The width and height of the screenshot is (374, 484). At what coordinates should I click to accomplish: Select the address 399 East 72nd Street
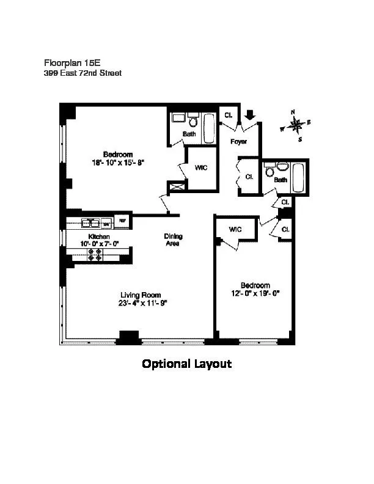tap(82, 73)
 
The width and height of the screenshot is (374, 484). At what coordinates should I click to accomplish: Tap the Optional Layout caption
tap(186, 364)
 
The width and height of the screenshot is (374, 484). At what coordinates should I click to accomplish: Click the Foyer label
tap(238, 142)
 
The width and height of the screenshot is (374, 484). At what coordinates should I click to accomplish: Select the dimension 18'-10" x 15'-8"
tap(117, 163)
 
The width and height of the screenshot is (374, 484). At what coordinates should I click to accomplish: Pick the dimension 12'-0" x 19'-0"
tap(255, 293)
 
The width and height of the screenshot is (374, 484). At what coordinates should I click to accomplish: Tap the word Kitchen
tap(99, 236)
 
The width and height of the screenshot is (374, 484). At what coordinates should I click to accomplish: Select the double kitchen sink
tap(92, 222)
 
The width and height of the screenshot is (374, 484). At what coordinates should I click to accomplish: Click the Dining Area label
tap(173, 240)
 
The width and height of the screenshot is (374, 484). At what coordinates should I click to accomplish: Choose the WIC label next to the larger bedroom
tap(201, 167)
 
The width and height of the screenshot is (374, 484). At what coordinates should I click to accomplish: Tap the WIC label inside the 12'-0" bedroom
tap(236, 229)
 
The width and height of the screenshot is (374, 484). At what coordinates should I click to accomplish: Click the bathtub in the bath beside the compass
tap(299, 177)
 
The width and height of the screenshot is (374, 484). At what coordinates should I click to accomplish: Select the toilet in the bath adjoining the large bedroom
tap(193, 119)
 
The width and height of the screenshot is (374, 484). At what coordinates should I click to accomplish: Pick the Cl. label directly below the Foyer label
tap(249, 177)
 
